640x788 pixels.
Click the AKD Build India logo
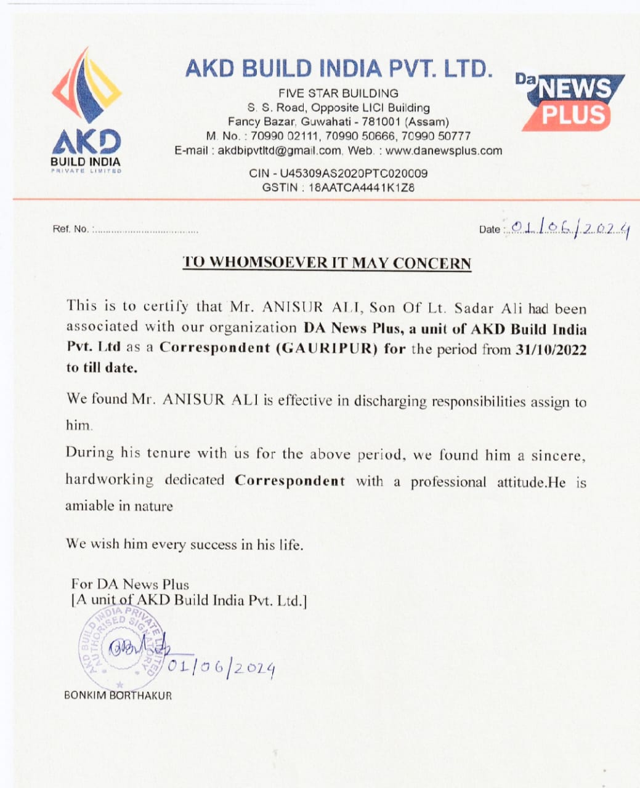(x=86, y=111)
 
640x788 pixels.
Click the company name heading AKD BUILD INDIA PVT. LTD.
(x=339, y=68)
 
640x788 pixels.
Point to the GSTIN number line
(x=338, y=188)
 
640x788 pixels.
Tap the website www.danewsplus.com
(x=444, y=151)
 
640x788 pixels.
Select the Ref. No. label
(x=71, y=229)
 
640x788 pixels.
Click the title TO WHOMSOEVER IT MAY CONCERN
(x=327, y=263)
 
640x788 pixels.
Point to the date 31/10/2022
(x=551, y=350)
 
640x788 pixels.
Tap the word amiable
(x=90, y=506)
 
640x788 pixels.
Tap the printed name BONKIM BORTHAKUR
(x=118, y=696)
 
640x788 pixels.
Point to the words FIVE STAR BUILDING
(x=338, y=94)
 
